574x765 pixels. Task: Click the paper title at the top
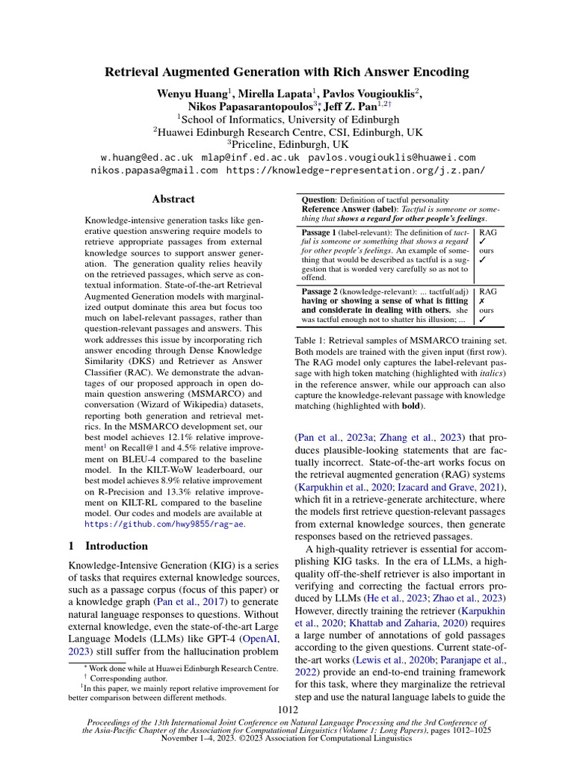click(x=287, y=72)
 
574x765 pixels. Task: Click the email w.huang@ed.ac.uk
click(x=146, y=158)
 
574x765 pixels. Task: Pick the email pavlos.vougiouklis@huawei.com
click(x=391, y=158)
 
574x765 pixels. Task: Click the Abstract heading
click(x=173, y=199)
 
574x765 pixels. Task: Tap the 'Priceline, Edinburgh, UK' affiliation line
click(x=287, y=144)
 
